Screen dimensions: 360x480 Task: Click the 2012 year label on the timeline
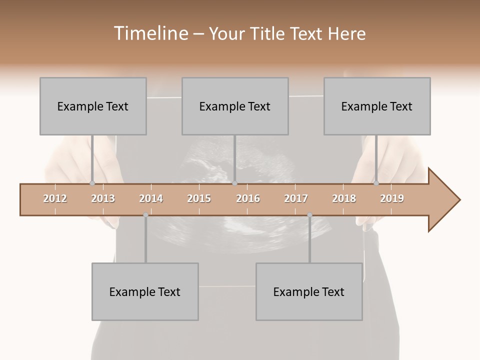pyautogui.click(x=55, y=199)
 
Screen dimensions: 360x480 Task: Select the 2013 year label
pyautogui.click(x=103, y=199)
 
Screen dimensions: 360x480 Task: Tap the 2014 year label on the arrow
pyautogui.click(x=151, y=199)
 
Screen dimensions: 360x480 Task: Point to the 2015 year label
pyautogui.click(x=199, y=199)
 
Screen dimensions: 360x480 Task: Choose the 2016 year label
pyautogui.click(x=248, y=199)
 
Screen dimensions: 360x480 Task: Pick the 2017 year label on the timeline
pyautogui.click(x=296, y=199)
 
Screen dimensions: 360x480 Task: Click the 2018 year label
pyautogui.click(x=344, y=199)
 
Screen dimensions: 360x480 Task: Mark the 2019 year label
pyautogui.click(x=392, y=199)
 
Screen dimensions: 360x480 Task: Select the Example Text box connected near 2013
pyautogui.click(x=93, y=106)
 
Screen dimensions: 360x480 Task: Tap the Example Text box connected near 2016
pyautogui.click(x=235, y=106)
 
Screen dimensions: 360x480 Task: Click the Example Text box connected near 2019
pyautogui.click(x=377, y=106)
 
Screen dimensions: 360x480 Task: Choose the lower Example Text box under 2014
pyautogui.click(x=145, y=291)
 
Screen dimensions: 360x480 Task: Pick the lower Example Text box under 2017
pyautogui.click(x=309, y=291)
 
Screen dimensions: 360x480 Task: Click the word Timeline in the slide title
pyautogui.click(x=150, y=33)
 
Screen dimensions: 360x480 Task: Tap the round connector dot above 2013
pyautogui.click(x=92, y=183)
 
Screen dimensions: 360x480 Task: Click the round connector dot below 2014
pyautogui.click(x=145, y=215)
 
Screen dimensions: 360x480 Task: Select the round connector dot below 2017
pyautogui.click(x=309, y=215)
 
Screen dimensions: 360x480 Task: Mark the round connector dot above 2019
pyautogui.click(x=376, y=183)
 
